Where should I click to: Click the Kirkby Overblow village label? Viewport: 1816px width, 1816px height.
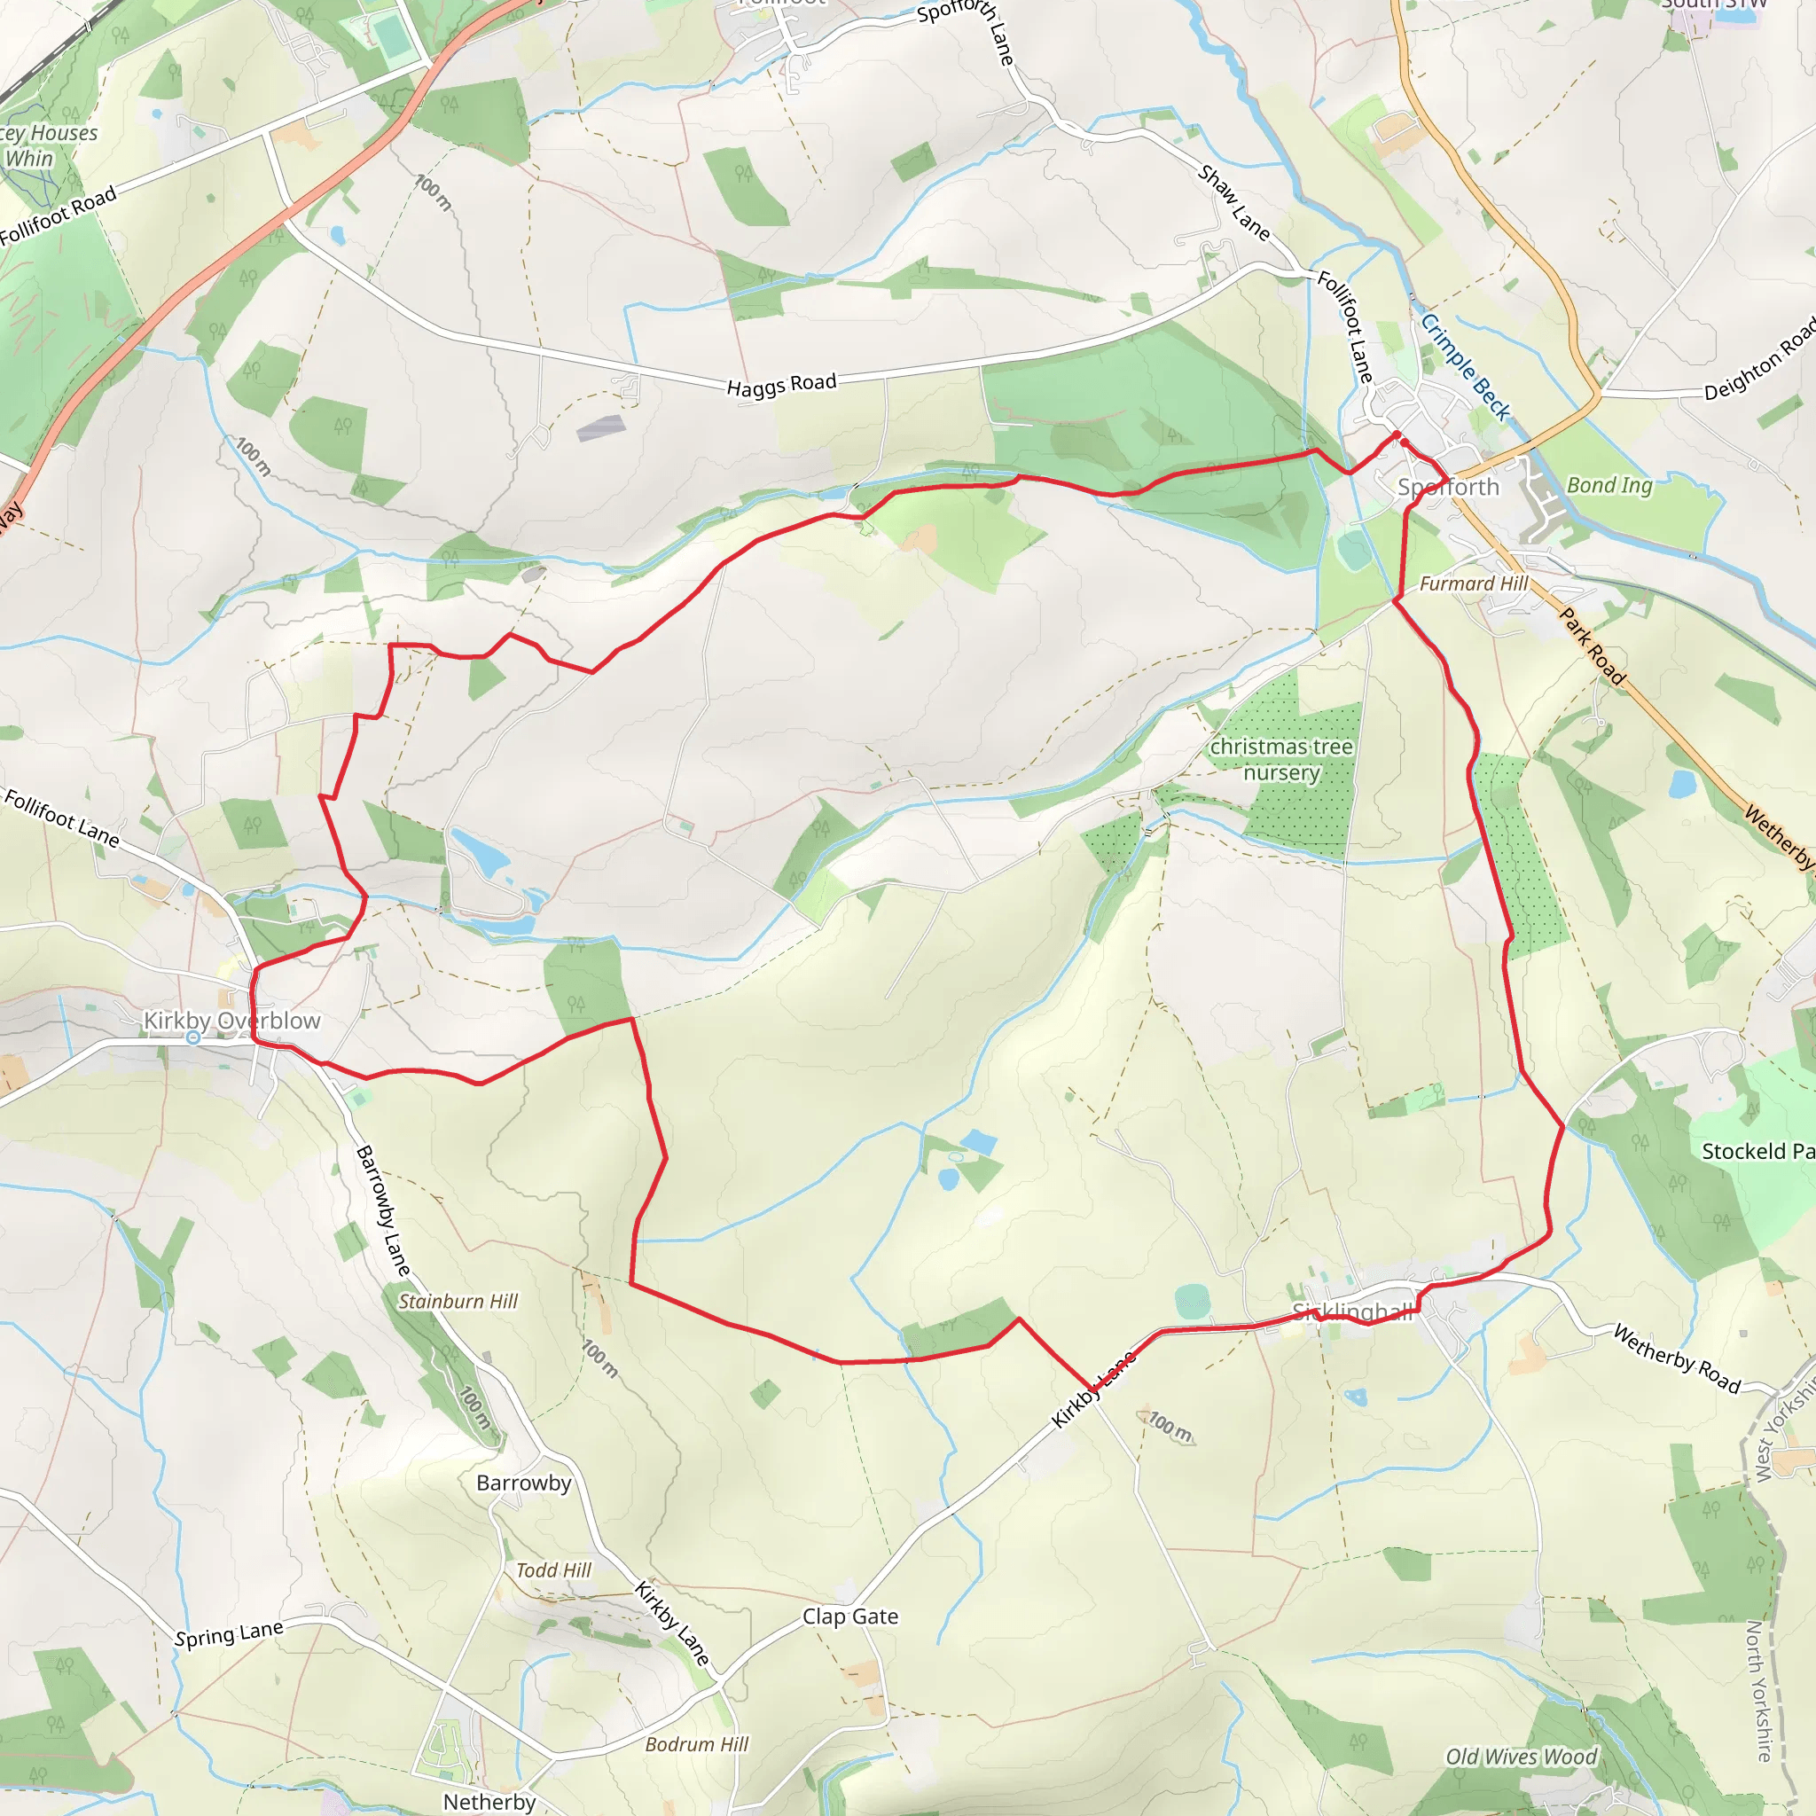(x=231, y=1021)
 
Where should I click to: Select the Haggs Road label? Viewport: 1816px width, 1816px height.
(x=781, y=385)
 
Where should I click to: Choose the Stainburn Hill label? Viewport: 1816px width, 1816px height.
(x=458, y=1302)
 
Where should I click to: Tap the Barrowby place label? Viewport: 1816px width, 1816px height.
(x=523, y=1483)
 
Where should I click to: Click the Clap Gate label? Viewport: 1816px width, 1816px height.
(x=849, y=1616)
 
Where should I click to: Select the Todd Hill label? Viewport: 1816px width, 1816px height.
(x=553, y=1570)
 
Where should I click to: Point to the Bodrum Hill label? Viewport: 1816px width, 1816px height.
(x=696, y=1744)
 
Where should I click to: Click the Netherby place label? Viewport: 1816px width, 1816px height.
(x=489, y=1802)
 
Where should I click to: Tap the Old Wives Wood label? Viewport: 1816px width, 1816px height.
(x=1521, y=1757)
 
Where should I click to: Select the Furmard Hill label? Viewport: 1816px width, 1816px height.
(x=1474, y=583)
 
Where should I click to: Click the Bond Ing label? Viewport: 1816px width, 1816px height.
(x=1609, y=485)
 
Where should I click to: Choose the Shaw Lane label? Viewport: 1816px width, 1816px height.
(x=1233, y=202)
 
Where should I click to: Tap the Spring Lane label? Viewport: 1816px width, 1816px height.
(x=229, y=1633)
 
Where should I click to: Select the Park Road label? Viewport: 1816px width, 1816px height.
(x=1593, y=646)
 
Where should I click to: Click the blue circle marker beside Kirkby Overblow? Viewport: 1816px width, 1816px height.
(x=192, y=1037)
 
